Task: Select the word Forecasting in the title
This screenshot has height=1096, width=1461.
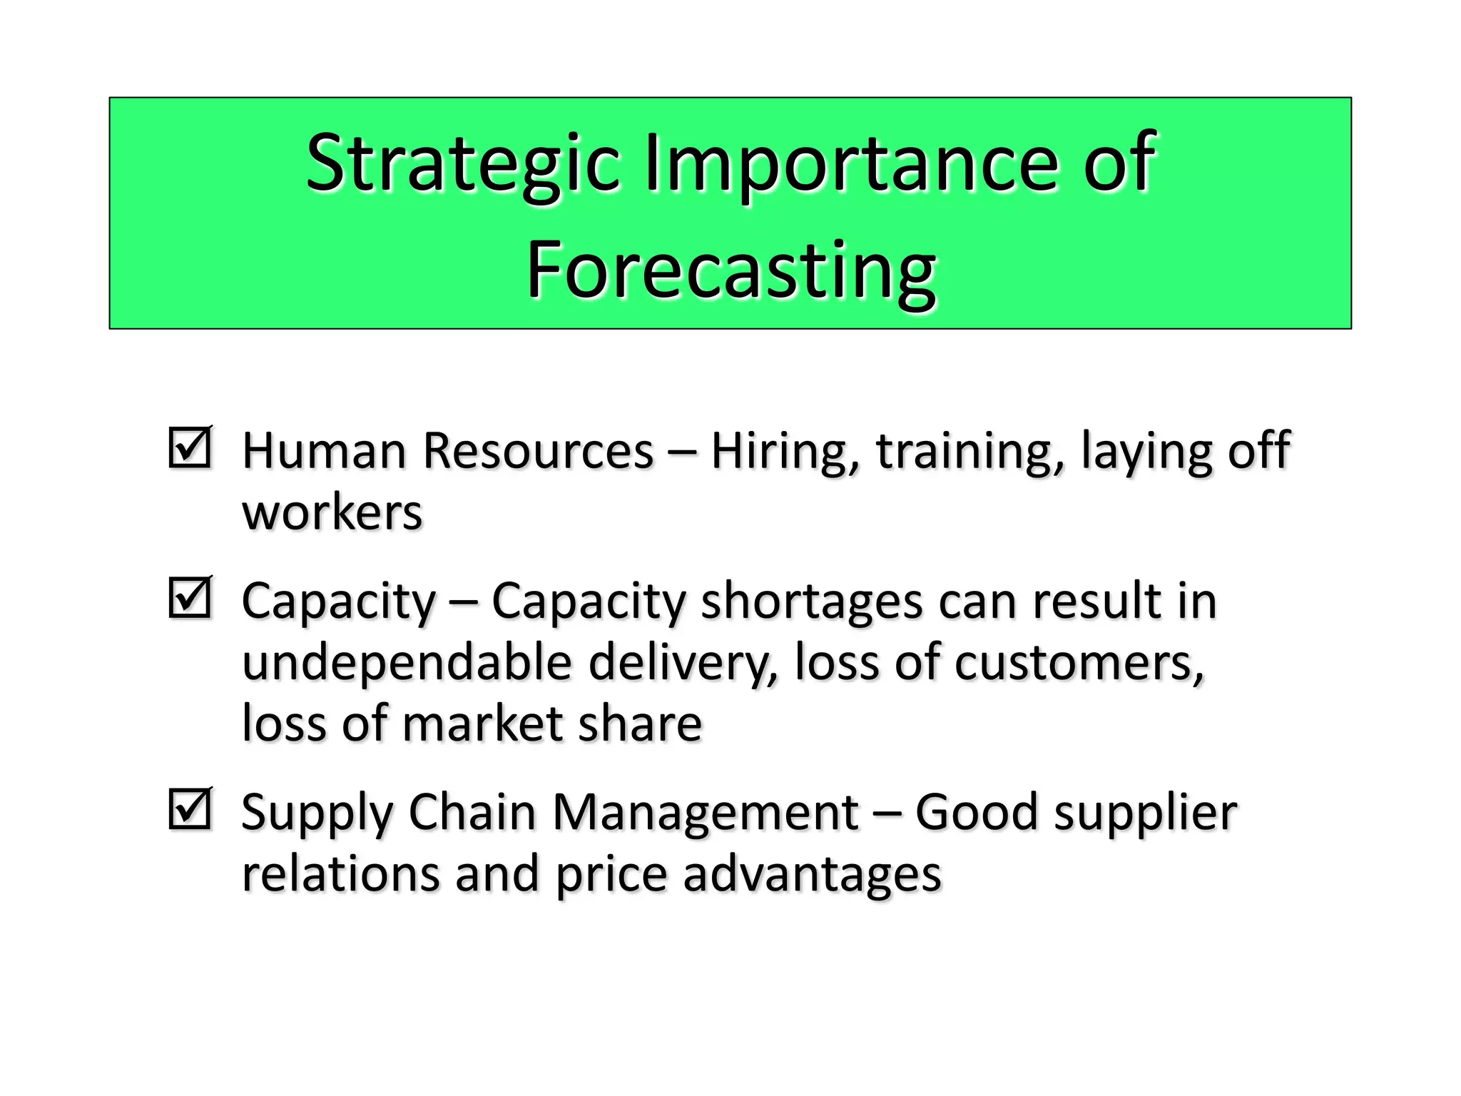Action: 730,271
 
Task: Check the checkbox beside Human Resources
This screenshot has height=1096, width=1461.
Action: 190,448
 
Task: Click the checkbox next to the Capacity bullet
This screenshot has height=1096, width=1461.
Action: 190,598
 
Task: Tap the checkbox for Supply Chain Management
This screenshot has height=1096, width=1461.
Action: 190,809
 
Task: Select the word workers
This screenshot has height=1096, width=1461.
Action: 332,513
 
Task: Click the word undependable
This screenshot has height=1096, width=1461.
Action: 407,662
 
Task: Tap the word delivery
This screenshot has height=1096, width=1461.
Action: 683,662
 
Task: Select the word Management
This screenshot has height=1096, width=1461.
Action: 706,813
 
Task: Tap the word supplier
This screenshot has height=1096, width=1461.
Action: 1146,813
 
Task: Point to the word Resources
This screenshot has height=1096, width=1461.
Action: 538,452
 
